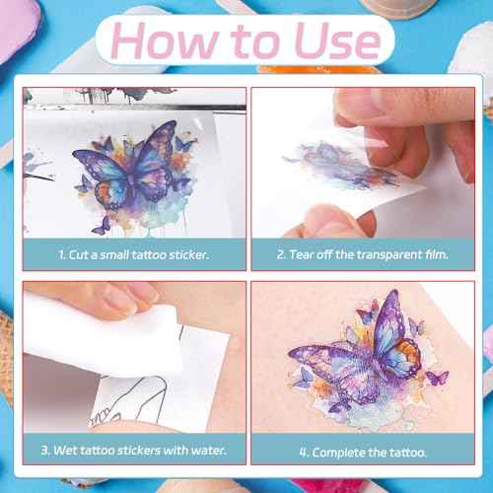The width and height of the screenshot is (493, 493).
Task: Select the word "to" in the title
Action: coord(256,41)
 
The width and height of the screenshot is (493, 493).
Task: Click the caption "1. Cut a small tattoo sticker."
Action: coord(133,255)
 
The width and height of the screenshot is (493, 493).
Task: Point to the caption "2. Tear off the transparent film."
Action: coord(363,254)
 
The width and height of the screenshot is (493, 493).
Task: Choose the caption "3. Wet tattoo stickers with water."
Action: coord(134,450)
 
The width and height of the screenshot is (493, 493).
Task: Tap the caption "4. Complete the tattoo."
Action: coord(363,453)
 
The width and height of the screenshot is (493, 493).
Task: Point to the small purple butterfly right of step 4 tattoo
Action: coord(437,378)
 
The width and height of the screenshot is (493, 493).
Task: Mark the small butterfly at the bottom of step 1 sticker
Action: coord(102,226)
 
